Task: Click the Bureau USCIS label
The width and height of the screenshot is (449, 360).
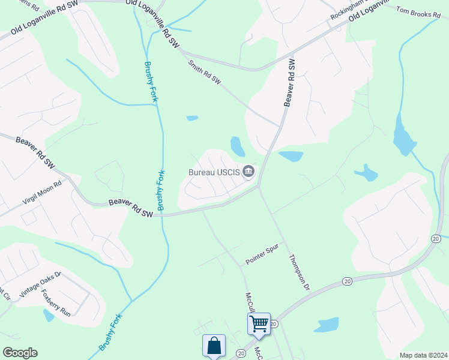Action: pos(214,173)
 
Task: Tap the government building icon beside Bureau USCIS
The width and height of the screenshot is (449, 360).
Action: pos(249,173)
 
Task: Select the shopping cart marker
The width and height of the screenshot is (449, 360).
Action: pos(259,323)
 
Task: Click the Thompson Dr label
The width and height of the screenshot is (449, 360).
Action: pos(298,274)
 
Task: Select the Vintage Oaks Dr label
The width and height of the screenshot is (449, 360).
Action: pos(40,284)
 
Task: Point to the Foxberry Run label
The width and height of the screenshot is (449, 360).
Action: pos(56,303)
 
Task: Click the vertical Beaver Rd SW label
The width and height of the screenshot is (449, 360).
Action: pos(290,83)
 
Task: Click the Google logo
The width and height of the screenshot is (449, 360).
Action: pos(20,353)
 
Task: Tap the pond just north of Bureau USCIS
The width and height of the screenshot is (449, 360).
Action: pos(238,146)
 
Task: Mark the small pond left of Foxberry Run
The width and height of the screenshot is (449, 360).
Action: pos(48,315)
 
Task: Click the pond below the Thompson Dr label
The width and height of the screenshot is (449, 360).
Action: pos(327,325)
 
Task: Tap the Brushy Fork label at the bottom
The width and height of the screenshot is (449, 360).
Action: pos(110,332)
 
